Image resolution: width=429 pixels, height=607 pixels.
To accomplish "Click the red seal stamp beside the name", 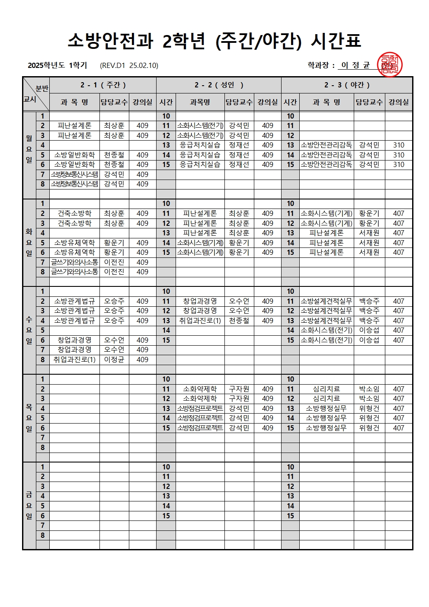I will [x=390, y=65].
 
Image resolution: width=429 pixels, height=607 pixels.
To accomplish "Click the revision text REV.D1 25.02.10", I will [x=129, y=65].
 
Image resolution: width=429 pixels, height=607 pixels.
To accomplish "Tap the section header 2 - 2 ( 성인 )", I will [x=219, y=85].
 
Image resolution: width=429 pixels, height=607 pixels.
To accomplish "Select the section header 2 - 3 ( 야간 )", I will [x=347, y=85].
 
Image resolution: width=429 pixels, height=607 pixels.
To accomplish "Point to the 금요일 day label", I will [x=29, y=505].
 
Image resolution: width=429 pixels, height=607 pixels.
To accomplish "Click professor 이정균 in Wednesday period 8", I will [x=114, y=360].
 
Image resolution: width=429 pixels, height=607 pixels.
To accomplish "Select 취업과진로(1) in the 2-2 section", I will [x=200, y=321].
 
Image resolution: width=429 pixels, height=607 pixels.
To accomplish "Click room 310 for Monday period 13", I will [x=398, y=145].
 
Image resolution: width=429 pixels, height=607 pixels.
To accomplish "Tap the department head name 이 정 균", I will [x=355, y=65].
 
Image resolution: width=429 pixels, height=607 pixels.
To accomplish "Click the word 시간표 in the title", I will [x=336, y=41].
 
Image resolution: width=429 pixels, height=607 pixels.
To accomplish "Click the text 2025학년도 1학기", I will [x=58, y=65].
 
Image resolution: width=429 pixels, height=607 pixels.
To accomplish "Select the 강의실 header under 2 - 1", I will [x=142, y=102].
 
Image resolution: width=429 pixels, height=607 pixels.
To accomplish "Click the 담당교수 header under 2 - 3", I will [x=369, y=102].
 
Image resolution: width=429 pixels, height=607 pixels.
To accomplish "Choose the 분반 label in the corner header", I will [x=42, y=88].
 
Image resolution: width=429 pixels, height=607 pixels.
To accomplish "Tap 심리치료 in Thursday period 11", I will [x=326, y=389].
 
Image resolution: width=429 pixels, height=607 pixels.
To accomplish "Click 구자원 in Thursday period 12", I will [x=239, y=398].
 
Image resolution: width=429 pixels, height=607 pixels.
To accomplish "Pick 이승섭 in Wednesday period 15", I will [x=369, y=340].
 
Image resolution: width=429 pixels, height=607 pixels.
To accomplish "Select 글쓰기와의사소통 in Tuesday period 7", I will [x=74, y=262].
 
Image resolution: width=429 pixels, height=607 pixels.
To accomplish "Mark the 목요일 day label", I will [x=29, y=418].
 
